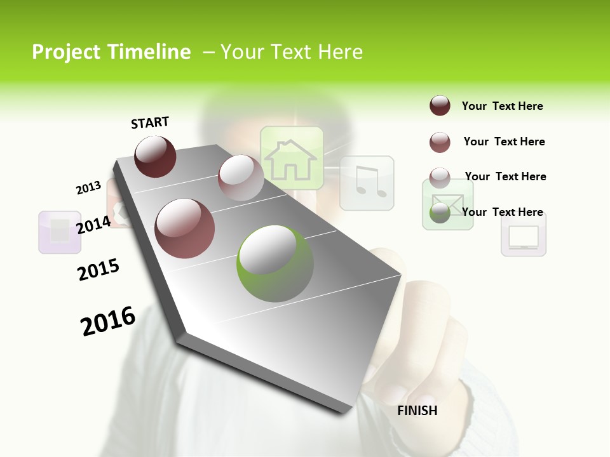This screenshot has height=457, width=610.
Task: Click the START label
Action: [x=150, y=123]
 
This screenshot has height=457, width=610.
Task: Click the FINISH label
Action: [x=417, y=411]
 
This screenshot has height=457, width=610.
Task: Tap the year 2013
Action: [x=88, y=188]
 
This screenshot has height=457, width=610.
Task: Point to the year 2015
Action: [x=98, y=270]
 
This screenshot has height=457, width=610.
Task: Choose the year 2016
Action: [x=108, y=321]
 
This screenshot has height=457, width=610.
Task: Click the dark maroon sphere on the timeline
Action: [x=156, y=156]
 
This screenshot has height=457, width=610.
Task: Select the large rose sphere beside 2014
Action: [x=185, y=228]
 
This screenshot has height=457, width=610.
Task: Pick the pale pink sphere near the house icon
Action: [x=240, y=177]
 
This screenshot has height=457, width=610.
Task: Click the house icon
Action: [x=291, y=159]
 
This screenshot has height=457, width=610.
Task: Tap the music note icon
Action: [x=367, y=183]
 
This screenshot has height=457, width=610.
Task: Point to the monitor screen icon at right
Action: [x=524, y=235]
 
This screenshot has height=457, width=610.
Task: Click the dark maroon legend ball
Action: [x=440, y=105]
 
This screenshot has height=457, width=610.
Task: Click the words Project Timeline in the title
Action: [x=111, y=52]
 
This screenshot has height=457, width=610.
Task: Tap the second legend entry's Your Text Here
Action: [x=504, y=142]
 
